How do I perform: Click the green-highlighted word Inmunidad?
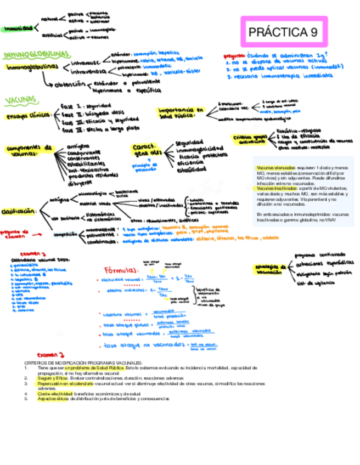coord(16,28)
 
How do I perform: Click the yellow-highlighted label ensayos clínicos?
coord(26,116)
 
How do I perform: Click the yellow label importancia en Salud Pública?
coord(180,112)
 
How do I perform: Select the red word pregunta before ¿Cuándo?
coord(234,55)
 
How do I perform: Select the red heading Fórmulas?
coord(120,270)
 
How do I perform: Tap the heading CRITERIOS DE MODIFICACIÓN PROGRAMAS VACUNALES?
coord(83,363)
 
